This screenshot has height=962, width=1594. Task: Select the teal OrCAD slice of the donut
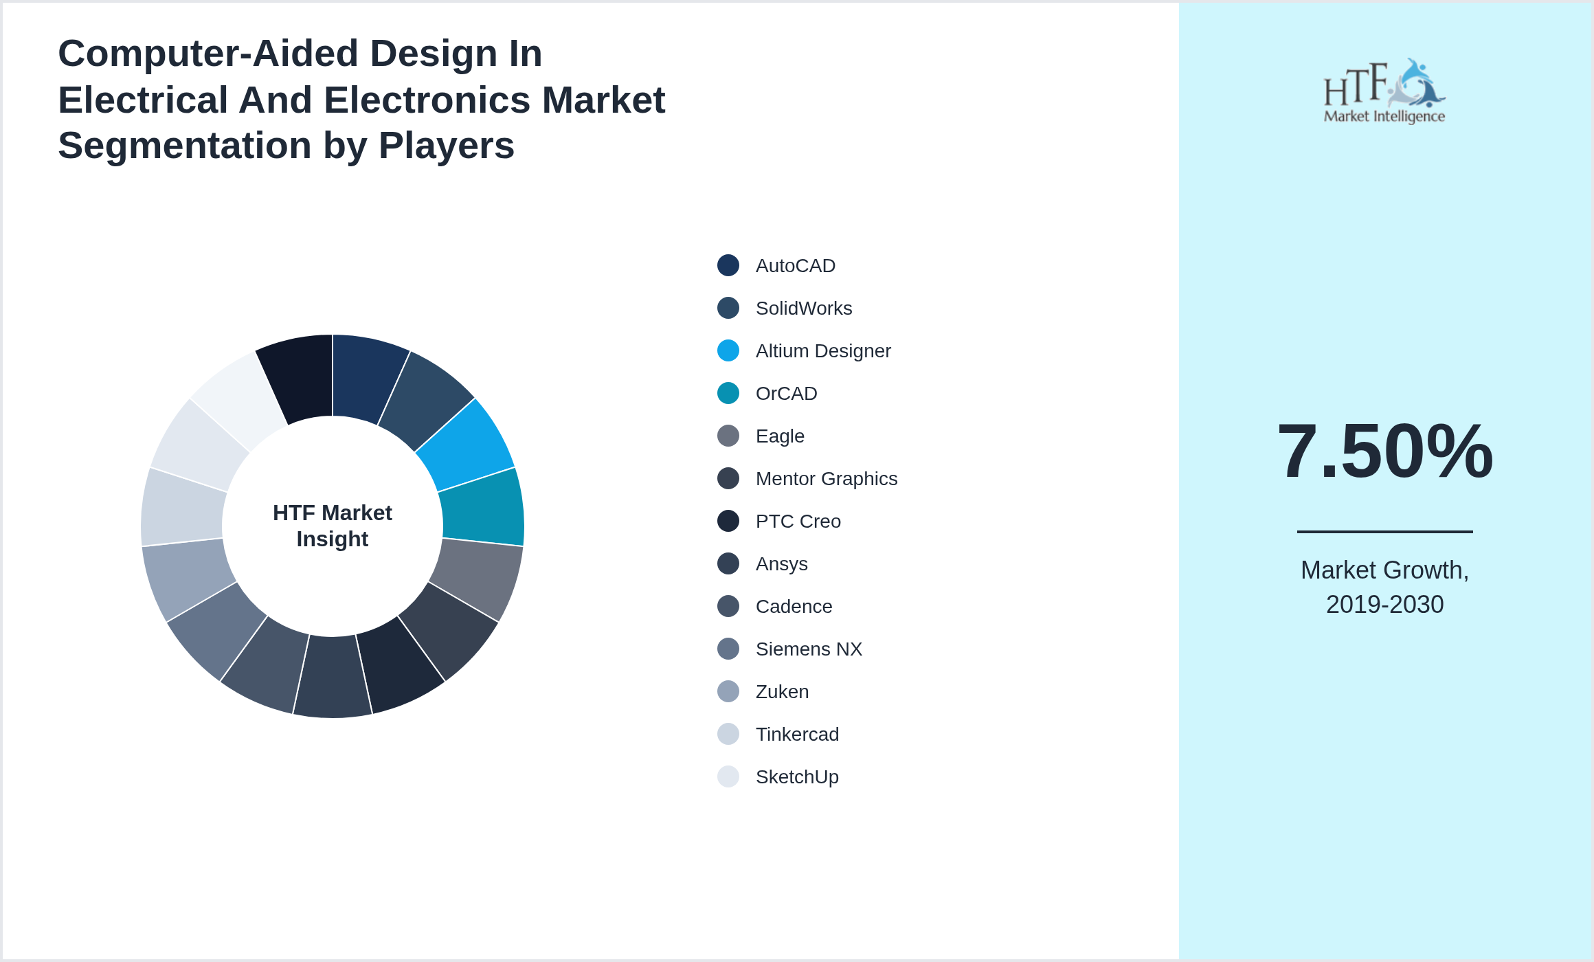pos(482,507)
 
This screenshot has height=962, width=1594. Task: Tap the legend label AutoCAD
pos(795,266)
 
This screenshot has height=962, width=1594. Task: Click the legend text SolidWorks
pos(803,309)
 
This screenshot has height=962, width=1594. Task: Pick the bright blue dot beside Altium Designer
pos(728,350)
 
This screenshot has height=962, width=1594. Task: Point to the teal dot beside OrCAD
pos(728,393)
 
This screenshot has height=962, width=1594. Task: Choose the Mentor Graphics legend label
pos(826,479)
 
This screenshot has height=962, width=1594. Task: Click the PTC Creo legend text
pos(798,522)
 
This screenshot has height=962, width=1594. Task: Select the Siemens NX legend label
pos(808,649)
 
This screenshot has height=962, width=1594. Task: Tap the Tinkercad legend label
pos(797,735)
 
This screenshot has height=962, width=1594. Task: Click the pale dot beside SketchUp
pos(728,776)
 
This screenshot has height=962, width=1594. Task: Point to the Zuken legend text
pos(782,692)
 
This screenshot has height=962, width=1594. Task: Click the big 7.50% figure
pos(1384,451)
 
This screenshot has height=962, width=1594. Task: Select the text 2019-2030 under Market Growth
pos(1384,605)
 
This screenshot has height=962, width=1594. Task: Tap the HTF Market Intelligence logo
pos(1384,91)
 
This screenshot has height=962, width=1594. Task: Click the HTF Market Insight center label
pos(333,526)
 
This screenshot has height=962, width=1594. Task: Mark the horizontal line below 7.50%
pos(1384,531)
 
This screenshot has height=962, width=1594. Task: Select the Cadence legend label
pos(794,607)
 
